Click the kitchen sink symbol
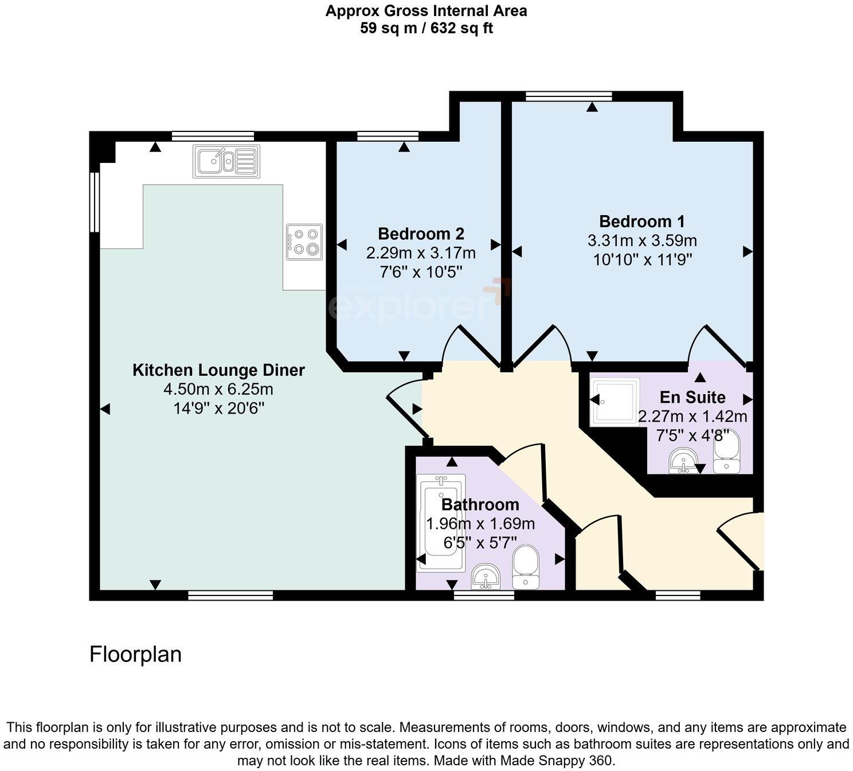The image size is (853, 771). [x=226, y=161]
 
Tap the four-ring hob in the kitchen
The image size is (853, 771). [x=304, y=242]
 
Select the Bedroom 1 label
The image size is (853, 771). [x=641, y=221]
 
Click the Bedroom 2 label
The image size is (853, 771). [x=421, y=234]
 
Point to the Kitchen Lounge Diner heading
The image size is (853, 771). [x=218, y=370]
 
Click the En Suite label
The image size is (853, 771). [x=692, y=397]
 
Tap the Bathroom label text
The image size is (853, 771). [x=480, y=505]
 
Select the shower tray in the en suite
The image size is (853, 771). [x=615, y=401]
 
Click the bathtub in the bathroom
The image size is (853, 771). [x=440, y=523]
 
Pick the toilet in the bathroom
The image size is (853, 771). [x=525, y=567]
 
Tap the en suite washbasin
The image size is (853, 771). [x=683, y=461]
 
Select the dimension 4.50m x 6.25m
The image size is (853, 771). [x=218, y=390]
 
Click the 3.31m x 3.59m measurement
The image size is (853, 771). [x=642, y=241]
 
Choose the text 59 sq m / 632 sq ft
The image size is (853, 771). [x=426, y=28]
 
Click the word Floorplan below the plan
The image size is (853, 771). [x=135, y=654]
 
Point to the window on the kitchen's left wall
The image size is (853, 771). [x=95, y=201]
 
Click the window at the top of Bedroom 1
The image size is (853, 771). [x=569, y=96]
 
